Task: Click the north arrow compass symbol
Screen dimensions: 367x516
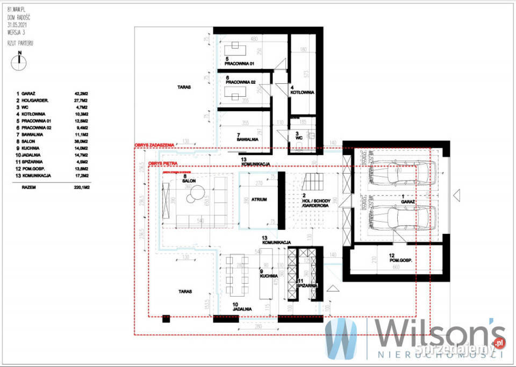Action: [19, 60]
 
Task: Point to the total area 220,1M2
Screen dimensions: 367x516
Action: [81, 189]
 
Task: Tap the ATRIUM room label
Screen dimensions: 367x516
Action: [258, 199]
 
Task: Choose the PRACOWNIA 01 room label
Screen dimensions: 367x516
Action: [240, 64]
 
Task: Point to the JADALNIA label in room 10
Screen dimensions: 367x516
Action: [242, 310]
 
